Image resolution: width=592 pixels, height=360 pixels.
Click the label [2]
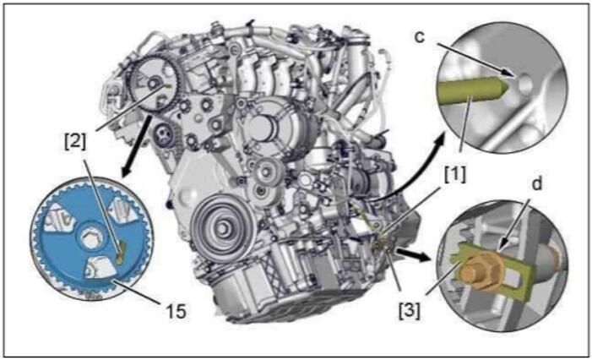(x=75, y=142)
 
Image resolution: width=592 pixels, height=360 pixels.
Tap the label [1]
(x=455, y=175)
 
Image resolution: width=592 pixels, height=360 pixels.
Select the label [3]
(x=410, y=311)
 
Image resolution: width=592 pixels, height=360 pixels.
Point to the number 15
(x=176, y=311)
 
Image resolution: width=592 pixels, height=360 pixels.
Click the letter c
(x=420, y=37)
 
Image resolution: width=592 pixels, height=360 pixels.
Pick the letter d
(x=536, y=184)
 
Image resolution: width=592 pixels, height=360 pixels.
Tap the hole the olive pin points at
(x=524, y=84)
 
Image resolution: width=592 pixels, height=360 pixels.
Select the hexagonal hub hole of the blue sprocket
(x=91, y=239)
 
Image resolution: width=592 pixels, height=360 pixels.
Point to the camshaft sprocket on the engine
(x=154, y=84)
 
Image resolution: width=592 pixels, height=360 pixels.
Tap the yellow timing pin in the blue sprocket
(x=121, y=253)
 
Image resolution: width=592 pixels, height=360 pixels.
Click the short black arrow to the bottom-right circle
(x=414, y=254)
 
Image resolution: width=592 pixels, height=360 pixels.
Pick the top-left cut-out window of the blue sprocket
(x=56, y=218)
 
